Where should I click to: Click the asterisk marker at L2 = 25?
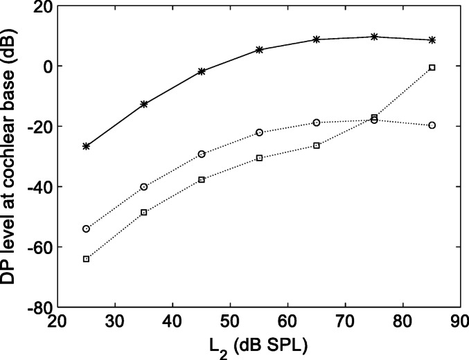click(x=87, y=146)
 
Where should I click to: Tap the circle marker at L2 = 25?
click(x=87, y=228)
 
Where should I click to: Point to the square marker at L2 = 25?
click(x=87, y=259)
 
